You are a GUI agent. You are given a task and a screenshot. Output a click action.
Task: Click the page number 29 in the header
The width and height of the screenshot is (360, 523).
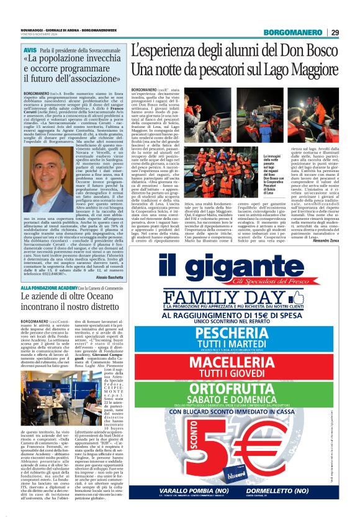[x=335, y=32]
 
